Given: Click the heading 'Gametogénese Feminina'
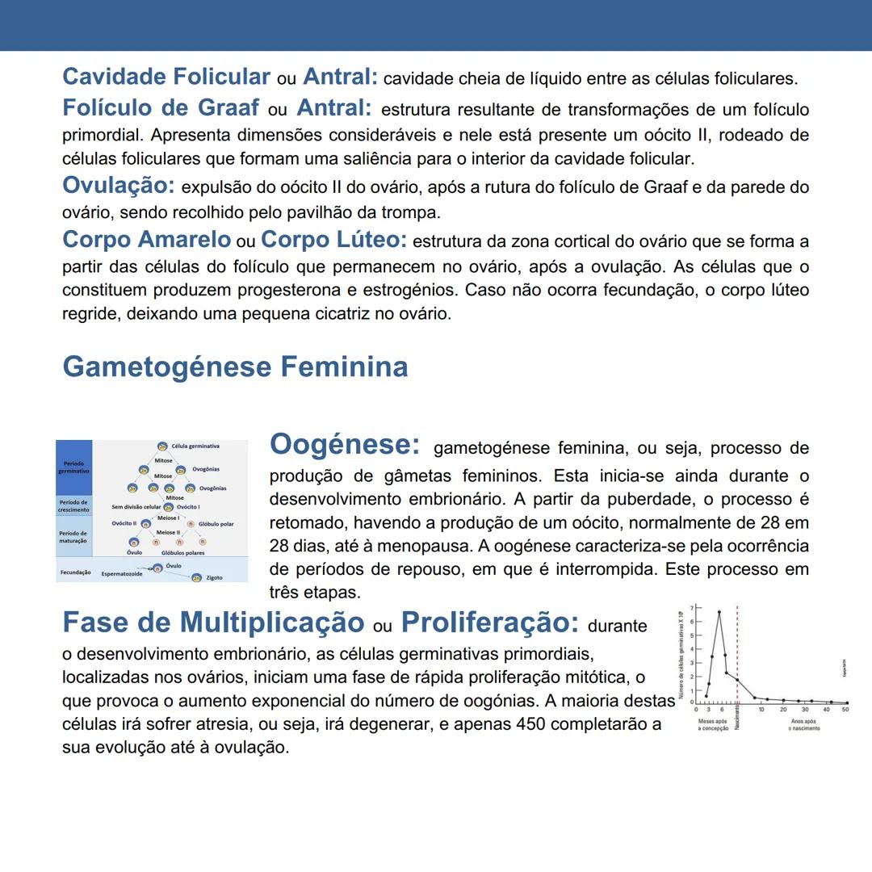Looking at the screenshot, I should tap(235, 367).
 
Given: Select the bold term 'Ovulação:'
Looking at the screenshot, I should tap(119, 186).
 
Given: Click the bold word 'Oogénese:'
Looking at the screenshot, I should tap(345, 445).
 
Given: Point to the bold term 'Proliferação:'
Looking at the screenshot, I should tap(490, 623).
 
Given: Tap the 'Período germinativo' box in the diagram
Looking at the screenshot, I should tap(73, 467).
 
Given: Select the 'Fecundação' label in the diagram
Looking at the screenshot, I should tap(75, 572).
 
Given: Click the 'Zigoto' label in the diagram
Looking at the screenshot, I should tap(214, 578).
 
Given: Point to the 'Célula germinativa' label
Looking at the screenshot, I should tap(195, 446).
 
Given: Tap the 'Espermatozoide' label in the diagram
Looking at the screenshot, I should tap(122, 574).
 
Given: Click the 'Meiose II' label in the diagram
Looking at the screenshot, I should tap(168, 533).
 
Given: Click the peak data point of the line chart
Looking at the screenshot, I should tap(719, 612).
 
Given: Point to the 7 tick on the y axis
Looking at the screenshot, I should tap(691, 606).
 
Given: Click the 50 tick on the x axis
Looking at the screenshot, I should tap(845, 710).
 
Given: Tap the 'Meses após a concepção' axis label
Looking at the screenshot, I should tap(713, 724).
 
